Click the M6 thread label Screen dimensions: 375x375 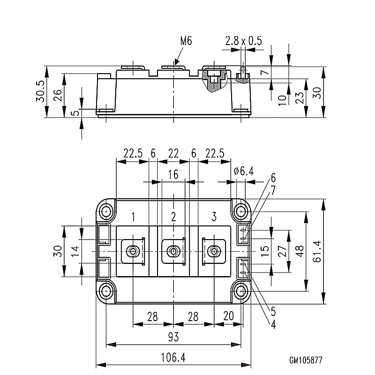point(186,41)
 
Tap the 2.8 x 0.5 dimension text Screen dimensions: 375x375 point(243,41)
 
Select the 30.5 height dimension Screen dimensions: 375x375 point(41,91)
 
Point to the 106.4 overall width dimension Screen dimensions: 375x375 point(173,358)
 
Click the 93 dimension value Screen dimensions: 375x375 point(173,337)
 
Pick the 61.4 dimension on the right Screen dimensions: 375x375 point(317,251)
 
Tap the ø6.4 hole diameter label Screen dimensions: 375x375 point(244,171)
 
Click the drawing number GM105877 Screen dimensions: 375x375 point(306,360)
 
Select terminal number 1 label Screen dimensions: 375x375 point(133,217)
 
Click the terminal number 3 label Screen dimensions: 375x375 point(214,217)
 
